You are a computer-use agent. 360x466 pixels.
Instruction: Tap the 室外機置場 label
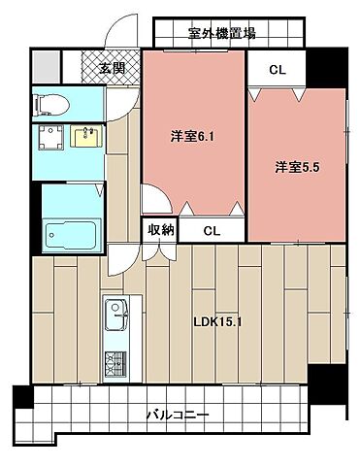pyautogui.click(x=221, y=33)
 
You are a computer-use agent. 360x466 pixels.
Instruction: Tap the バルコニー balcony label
pyautogui.click(x=178, y=415)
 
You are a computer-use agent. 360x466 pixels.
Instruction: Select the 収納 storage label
pyautogui.click(x=160, y=230)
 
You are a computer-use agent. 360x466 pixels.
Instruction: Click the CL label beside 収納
pyautogui.click(x=212, y=231)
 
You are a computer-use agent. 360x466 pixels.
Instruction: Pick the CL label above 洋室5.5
pyautogui.click(x=277, y=70)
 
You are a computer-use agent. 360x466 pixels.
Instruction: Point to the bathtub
pyautogui.click(x=70, y=235)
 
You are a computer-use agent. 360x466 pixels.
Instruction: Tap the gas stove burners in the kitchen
pyautogui.click(x=115, y=363)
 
